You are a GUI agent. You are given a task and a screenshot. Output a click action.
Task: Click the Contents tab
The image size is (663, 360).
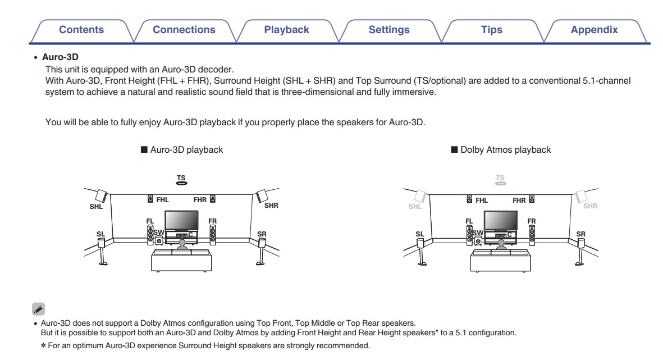(81, 30)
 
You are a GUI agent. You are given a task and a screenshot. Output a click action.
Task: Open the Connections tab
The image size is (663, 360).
(184, 30)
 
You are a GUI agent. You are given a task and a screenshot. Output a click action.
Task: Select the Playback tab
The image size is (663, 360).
(286, 30)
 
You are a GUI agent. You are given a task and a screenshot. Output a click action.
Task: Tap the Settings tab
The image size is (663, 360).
(389, 30)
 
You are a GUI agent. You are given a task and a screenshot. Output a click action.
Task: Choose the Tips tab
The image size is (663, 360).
(491, 30)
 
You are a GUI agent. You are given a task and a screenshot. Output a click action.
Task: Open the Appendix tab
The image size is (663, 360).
(594, 30)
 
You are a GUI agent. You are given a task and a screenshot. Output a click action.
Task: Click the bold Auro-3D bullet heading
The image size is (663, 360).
(60, 57)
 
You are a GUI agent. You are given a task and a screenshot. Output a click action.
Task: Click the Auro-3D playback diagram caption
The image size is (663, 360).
(186, 150)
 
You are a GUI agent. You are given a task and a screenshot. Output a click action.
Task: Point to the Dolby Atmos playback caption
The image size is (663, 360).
(505, 150)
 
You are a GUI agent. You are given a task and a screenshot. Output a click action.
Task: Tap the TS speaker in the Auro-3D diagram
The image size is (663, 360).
(181, 182)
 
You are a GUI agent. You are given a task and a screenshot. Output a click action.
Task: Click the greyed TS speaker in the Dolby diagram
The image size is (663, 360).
(500, 182)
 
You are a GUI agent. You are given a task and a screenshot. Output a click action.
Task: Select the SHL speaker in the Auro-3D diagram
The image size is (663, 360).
(101, 196)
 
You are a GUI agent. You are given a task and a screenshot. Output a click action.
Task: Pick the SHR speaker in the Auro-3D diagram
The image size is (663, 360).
(261, 196)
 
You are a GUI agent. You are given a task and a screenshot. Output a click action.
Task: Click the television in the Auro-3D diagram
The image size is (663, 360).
(181, 220)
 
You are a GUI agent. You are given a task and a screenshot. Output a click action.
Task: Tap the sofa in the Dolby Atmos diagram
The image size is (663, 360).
(500, 260)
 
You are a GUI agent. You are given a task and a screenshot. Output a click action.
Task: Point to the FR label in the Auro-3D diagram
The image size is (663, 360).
(212, 222)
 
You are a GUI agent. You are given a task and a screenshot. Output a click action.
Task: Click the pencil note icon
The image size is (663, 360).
(38, 308)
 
